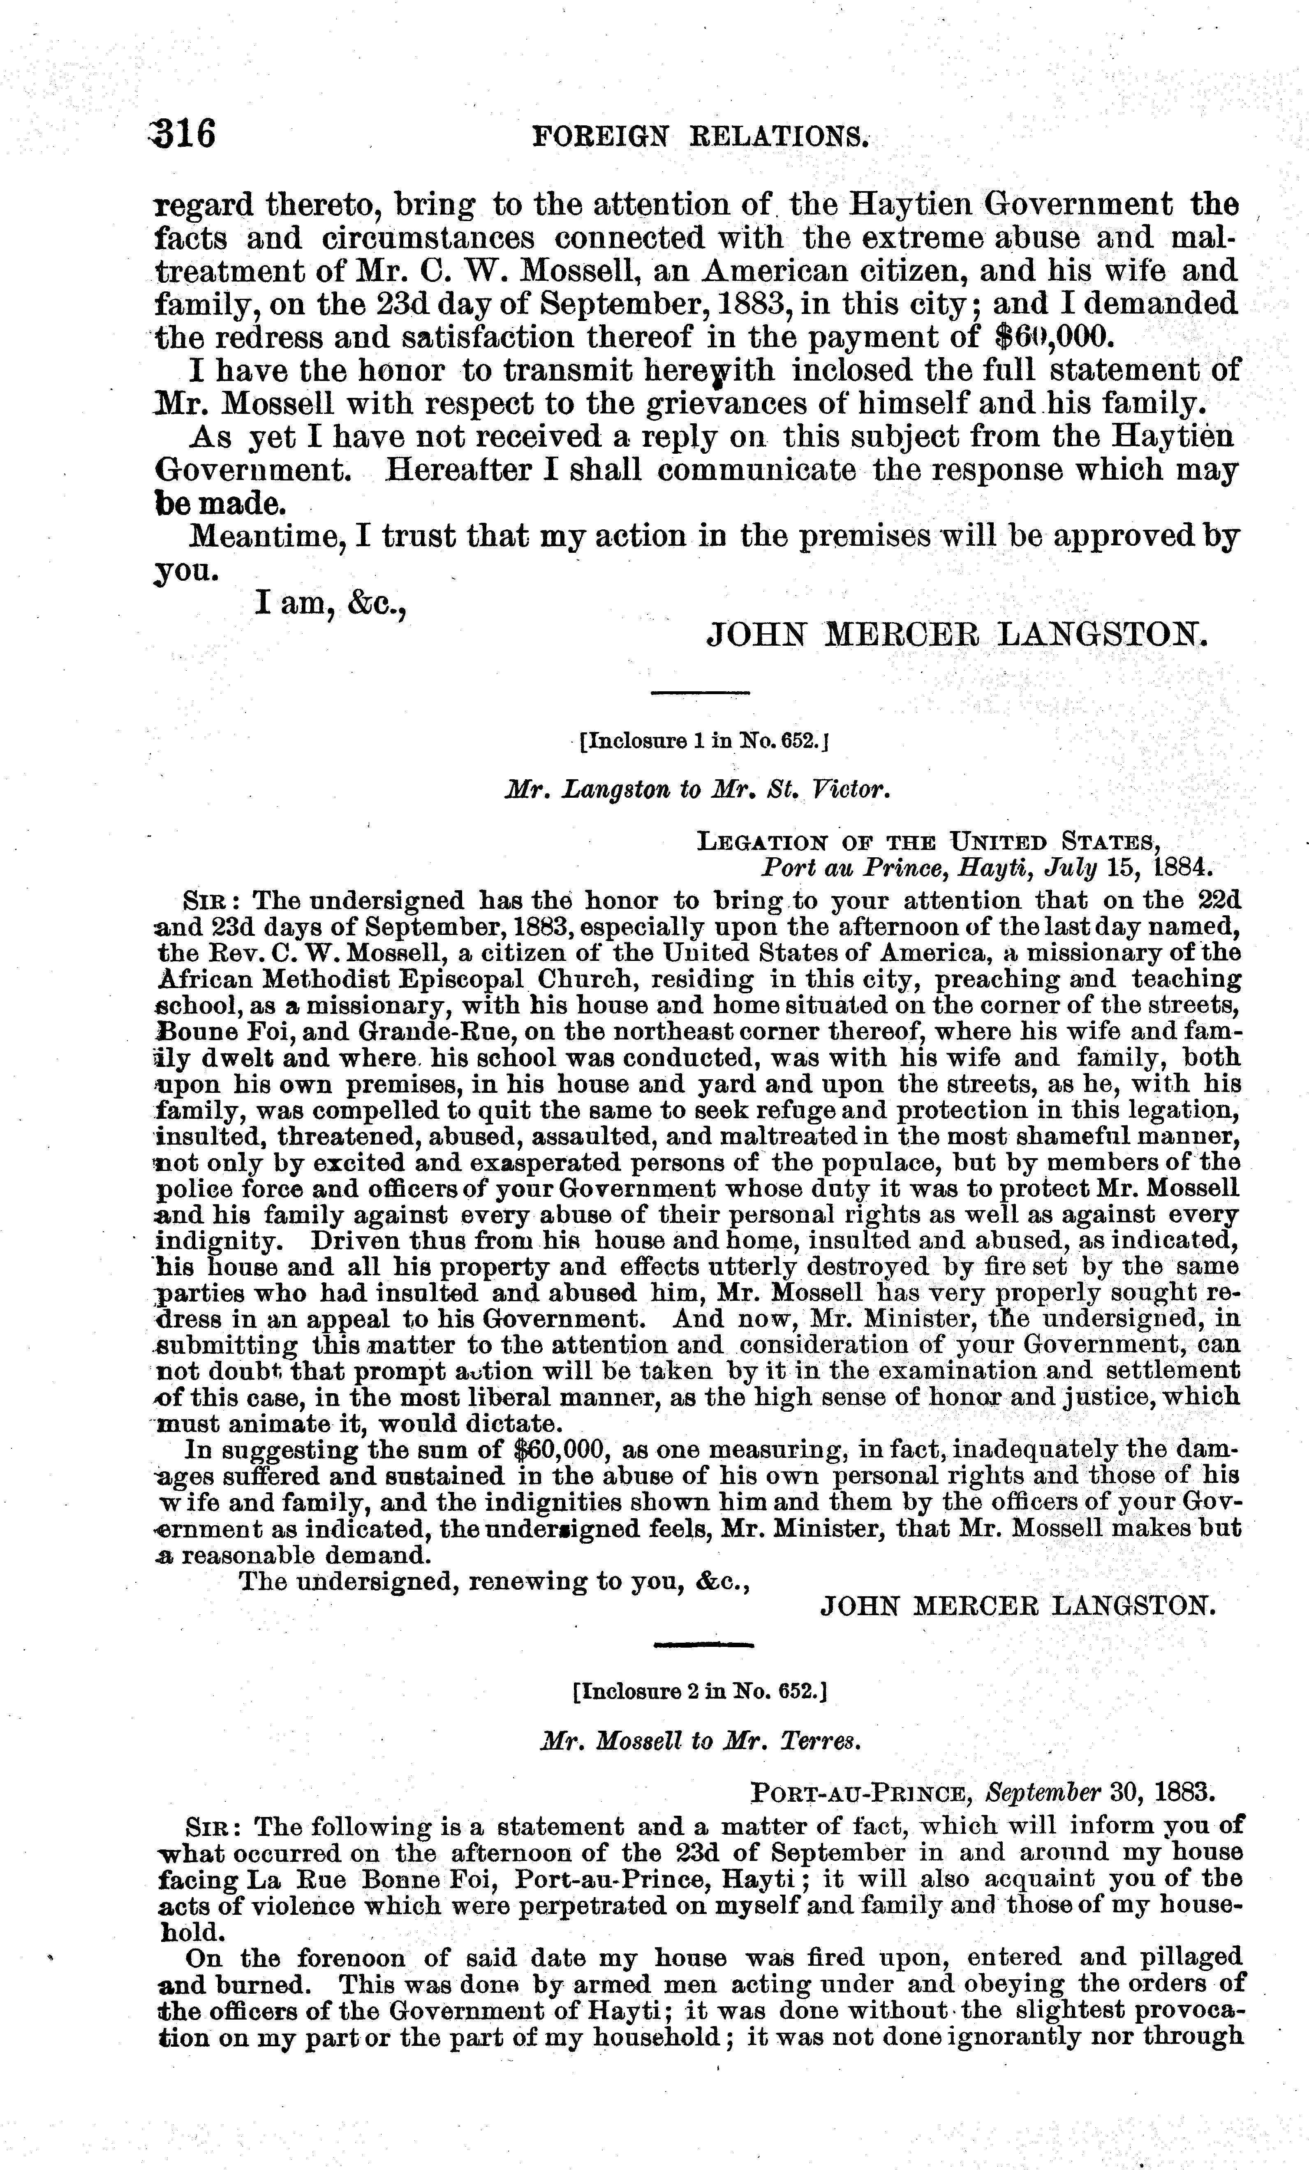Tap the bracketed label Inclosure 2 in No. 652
click(x=698, y=1691)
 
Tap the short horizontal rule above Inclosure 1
click(x=699, y=693)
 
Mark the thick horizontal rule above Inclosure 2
click(x=704, y=1644)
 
